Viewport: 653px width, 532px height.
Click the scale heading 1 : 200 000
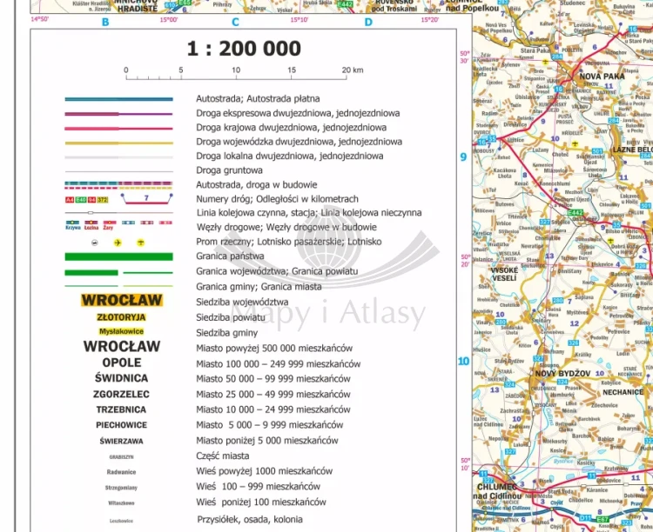[x=243, y=50]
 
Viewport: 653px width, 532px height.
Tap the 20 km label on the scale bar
[x=352, y=70]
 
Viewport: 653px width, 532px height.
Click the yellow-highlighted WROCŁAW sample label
[x=121, y=301]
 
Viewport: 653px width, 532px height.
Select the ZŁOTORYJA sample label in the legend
[x=121, y=317]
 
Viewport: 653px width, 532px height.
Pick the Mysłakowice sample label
[x=121, y=332]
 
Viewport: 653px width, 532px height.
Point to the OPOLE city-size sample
[x=121, y=362]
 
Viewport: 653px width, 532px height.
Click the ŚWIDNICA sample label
[x=121, y=378]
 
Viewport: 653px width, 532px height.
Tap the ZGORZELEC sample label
[x=121, y=394]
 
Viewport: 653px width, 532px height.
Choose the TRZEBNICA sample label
[x=121, y=409]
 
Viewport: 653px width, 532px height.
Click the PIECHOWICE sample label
[x=121, y=425]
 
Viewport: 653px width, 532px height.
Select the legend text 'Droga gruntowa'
[x=229, y=170]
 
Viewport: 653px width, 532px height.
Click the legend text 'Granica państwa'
[x=232, y=256]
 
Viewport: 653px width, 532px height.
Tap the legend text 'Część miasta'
[x=226, y=456]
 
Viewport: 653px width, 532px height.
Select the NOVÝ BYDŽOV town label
[x=562, y=373]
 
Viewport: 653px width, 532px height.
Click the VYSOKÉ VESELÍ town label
[x=504, y=275]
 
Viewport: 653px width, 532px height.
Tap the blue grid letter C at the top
[x=235, y=23]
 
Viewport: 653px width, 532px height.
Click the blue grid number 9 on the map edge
[x=463, y=156]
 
